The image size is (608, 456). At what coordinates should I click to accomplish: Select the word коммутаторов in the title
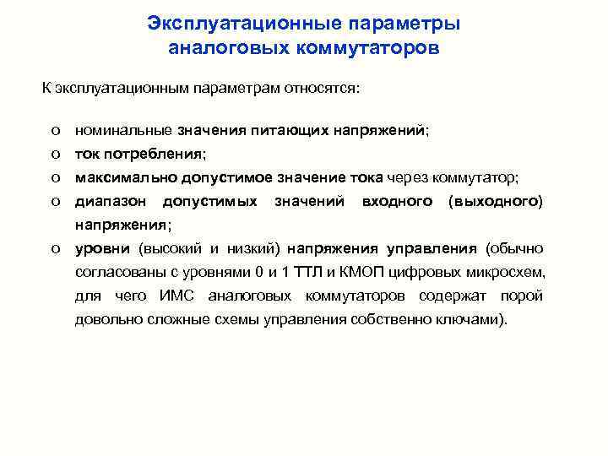pyautogui.click(x=368, y=47)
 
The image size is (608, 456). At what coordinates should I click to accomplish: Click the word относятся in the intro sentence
pyautogui.click(x=324, y=87)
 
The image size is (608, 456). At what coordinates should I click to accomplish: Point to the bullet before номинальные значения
pyautogui.click(x=54, y=132)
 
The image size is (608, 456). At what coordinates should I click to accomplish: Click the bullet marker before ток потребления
pyautogui.click(x=54, y=155)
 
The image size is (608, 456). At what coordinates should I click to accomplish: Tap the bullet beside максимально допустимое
pyautogui.click(x=54, y=177)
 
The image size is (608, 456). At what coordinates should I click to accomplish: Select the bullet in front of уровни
pyautogui.click(x=54, y=249)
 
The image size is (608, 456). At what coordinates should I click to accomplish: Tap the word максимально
pyautogui.click(x=122, y=177)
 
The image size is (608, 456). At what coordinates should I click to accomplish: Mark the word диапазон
pyautogui.click(x=110, y=202)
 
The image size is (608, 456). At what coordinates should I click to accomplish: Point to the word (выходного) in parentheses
pyautogui.click(x=497, y=202)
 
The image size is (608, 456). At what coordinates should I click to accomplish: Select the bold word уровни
pyautogui.click(x=101, y=249)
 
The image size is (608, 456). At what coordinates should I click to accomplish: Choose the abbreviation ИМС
pyautogui.click(x=176, y=296)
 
